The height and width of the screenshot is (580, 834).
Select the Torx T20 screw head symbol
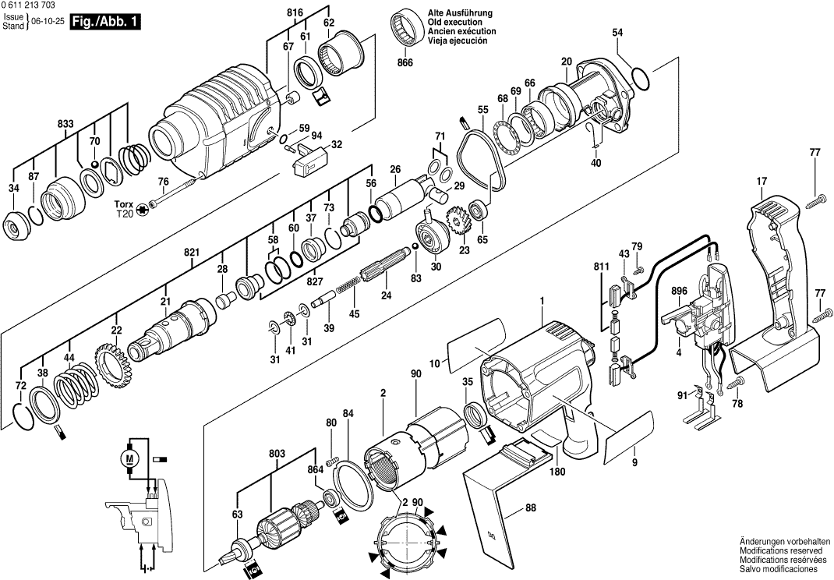[x=142, y=210]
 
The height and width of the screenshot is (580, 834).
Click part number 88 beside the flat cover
[x=531, y=508]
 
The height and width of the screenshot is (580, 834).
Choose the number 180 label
[x=557, y=471]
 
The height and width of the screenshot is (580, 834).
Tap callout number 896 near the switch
[x=679, y=292]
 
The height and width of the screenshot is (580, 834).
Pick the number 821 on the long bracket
[x=192, y=252]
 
